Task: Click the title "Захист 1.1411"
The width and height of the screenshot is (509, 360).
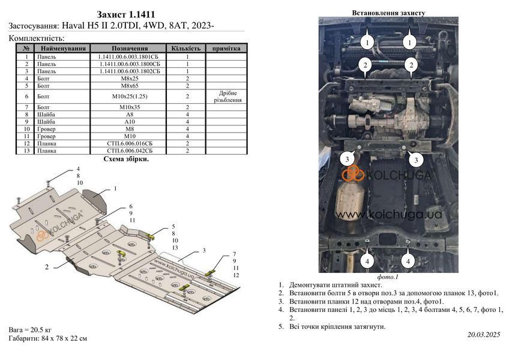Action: click(x=125, y=14)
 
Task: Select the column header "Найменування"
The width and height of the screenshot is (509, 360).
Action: click(x=63, y=49)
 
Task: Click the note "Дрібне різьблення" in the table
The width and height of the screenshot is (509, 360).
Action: click(x=227, y=97)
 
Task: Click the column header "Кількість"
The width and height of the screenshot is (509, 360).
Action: click(x=186, y=49)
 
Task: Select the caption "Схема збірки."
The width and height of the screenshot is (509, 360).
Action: click(x=126, y=159)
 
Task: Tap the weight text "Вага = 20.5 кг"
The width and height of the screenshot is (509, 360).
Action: click(x=30, y=330)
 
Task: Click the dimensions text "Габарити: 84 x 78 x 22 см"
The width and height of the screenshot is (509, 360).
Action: click(x=48, y=338)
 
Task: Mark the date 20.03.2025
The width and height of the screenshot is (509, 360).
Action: click(x=484, y=334)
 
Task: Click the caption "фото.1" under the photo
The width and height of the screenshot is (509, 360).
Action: click(x=388, y=277)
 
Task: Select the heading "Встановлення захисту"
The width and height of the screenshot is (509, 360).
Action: click(x=388, y=13)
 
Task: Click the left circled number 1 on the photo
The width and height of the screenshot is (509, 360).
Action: click(x=367, y=42)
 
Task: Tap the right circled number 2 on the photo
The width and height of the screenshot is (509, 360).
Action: click(x=411, y=65)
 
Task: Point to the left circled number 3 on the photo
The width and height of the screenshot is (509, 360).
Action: click(x=347, y=159)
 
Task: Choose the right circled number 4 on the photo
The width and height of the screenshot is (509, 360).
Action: click(x=408, y=261)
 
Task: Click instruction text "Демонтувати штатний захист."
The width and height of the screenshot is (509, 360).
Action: click(x=336, y=285)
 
